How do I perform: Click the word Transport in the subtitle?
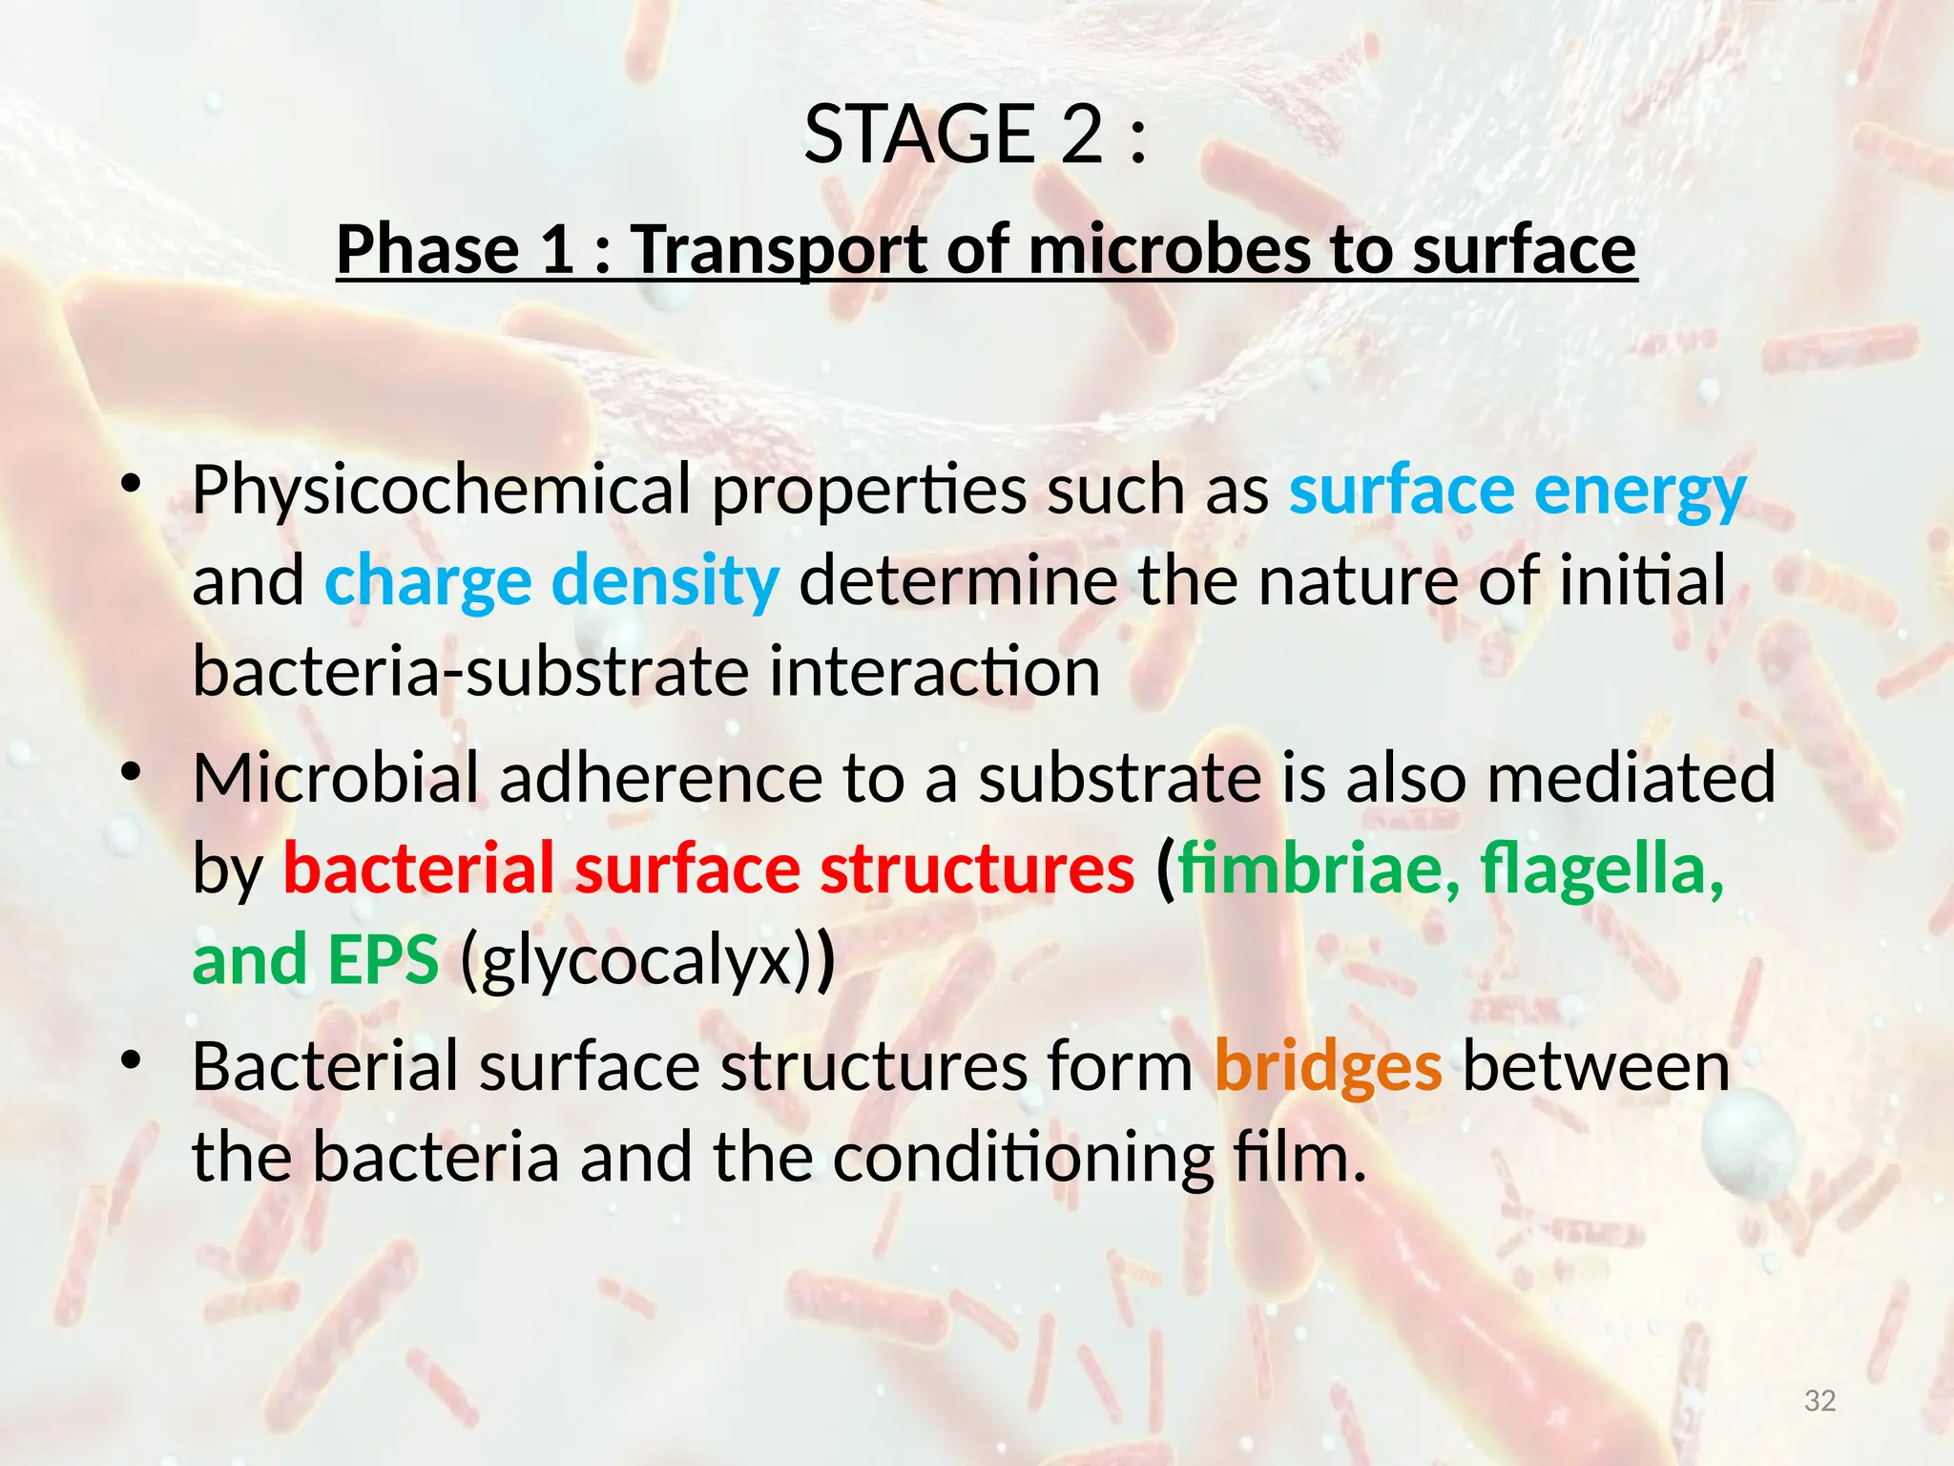click(x=778, y=250)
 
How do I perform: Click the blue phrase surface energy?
click(x=1517, y=492)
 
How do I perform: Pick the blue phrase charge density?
click(x=551, y=582)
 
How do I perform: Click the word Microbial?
click(x=335, y=778)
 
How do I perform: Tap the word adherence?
click(x=659, y=778)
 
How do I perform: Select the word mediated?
click(x=1631, y=778)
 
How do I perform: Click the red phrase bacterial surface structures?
click(x=709, y=869)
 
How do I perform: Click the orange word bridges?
click(x=1327, y=1067)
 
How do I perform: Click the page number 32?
click(x=1820, y=1401)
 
